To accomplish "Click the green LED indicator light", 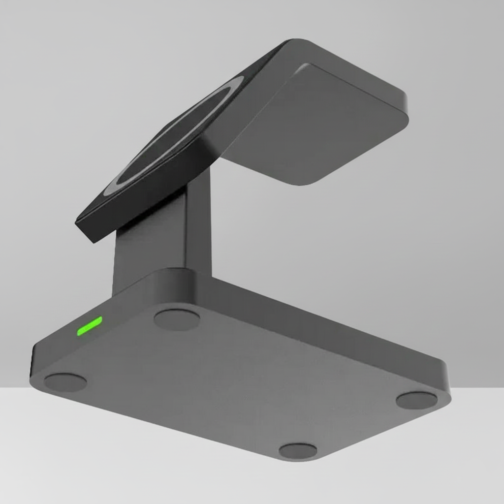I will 90,326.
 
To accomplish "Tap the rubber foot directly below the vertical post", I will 177,319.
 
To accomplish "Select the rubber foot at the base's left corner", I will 65,382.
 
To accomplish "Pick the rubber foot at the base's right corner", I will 416,400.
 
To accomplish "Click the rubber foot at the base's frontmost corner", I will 298,450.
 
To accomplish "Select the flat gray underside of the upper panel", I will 315,123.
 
